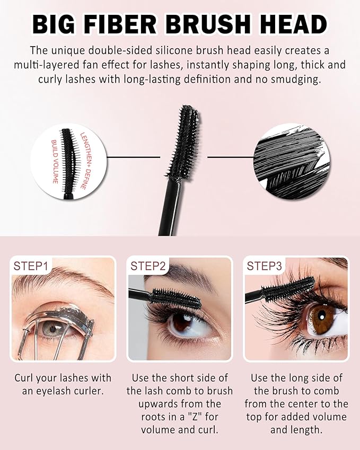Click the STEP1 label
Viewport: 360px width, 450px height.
pos(31,266)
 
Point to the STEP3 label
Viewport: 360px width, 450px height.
pos(264,266)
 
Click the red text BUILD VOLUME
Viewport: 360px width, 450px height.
pos(54,162)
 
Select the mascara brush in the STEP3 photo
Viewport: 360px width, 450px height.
pos(288,289)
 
